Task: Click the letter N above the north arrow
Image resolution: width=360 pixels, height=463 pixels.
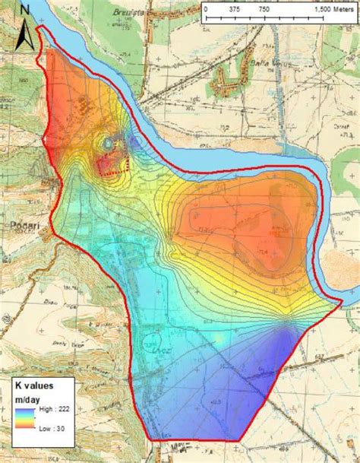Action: click(26, 8)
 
